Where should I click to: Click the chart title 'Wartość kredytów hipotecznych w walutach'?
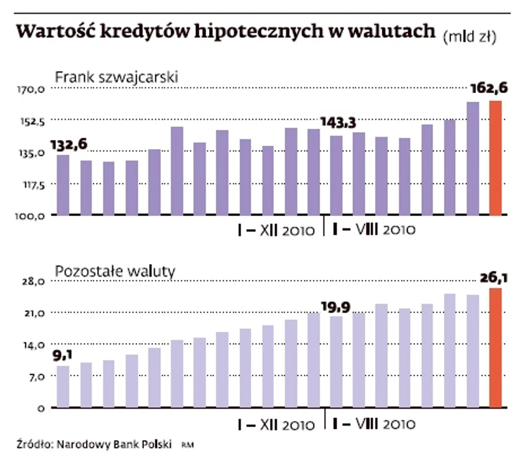click(225, 32)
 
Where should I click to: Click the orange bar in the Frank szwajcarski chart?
click(495, 158)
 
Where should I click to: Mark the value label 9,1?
click(63, 355)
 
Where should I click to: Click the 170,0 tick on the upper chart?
click(31, 90)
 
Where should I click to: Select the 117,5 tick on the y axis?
click(31, 184)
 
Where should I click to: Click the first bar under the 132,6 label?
click(63, 185)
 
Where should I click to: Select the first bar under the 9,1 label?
click(63, 387)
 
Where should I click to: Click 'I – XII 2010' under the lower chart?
click(277, 426)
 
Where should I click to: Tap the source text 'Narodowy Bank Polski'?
click(114, 446)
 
